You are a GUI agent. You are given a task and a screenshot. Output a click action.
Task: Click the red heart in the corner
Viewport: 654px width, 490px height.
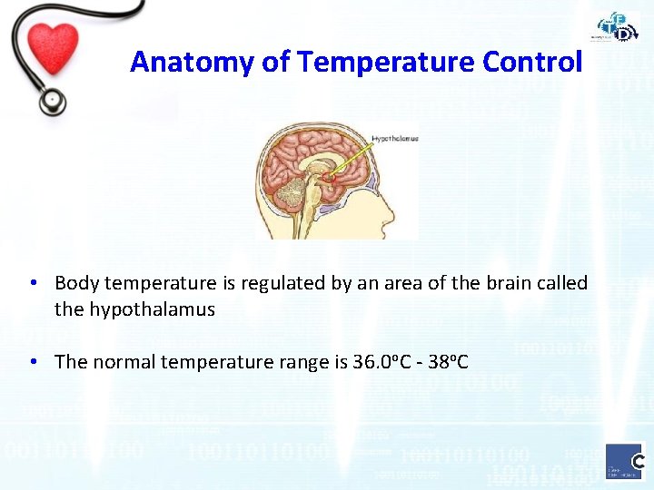pos(52,45)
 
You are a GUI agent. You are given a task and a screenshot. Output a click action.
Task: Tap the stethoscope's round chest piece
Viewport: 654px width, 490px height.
pos(51,100)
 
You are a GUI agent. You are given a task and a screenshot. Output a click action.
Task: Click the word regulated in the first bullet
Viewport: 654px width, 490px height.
pos(273,283)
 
